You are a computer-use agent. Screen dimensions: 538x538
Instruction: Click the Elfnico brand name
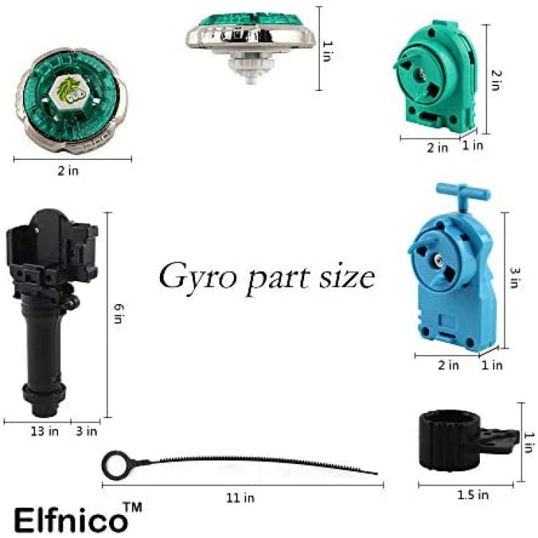[x=70, y=520]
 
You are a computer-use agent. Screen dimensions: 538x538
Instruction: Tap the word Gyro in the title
[x=198, y=277]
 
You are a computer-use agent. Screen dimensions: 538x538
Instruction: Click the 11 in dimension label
[x=240, y=498]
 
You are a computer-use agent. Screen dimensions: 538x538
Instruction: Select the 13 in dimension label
[x=44, y=431]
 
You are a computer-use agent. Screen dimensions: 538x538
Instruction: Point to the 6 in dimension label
[x=118, y=313]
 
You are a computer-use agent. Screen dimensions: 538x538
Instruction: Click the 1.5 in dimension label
[x=473, y=494]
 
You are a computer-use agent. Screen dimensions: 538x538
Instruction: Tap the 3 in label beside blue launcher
[x=515, y=278]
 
